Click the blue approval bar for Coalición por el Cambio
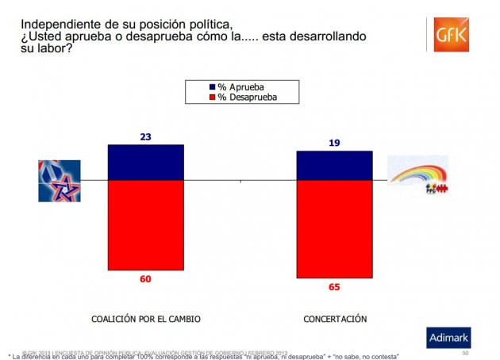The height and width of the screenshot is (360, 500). [x=146, y=163]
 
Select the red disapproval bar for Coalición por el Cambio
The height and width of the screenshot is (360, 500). [x=146, y=225]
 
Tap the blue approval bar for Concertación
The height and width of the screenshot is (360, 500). [x=334, y=166]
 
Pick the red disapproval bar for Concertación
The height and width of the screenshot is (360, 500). [x=334, y=229]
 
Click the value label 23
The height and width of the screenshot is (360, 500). [x=146, y=136]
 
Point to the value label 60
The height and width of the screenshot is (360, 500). [x=146, y=279]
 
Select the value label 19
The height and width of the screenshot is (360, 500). [x=334, y=143]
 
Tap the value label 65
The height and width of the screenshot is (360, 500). [x=334, y=287]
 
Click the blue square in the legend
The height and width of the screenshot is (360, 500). [x=212, y=86]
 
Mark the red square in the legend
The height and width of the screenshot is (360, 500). [x=212, y=97]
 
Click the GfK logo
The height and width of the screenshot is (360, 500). [x=452, y=36]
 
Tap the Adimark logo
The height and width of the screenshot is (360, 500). [x=448, y=337]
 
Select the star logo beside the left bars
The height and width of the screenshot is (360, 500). [x=60, y=181]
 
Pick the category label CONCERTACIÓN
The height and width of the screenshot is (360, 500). [x=335, y=319]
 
